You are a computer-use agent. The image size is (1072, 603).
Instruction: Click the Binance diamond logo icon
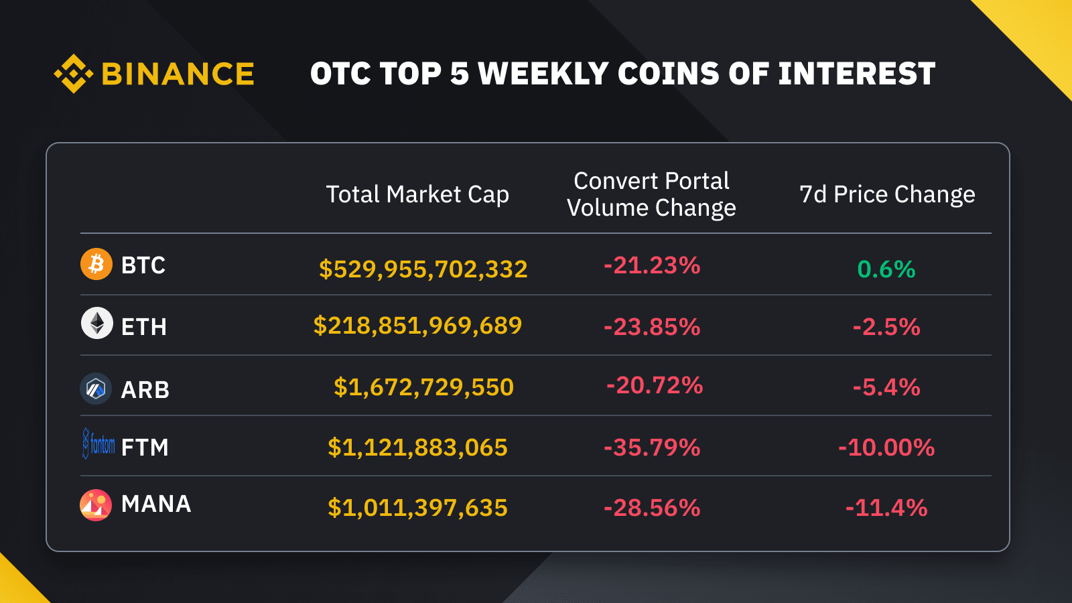tap(73, 74)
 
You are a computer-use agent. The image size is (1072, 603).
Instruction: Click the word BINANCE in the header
tap(178, 74)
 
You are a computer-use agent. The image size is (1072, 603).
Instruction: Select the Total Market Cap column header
tap(417, 194)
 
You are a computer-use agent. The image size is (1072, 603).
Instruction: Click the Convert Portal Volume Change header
tap(651, 194)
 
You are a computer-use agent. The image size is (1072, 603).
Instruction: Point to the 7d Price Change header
tap(887, 194)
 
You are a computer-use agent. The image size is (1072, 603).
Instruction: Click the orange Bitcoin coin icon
tap(96, 264)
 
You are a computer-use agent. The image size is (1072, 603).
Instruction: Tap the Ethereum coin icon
tap(97, 323)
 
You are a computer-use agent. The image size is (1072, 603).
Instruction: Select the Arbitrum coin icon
tap(96, 389)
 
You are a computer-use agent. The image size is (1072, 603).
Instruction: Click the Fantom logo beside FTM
tap(98, 444)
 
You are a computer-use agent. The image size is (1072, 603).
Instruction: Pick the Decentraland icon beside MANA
tap(96, 505)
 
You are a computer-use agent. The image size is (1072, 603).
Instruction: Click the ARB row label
tap(145, 390)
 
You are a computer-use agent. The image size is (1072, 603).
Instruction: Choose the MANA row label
tap(156, 504)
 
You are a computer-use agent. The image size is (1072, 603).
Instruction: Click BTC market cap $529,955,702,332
tap(423, 269)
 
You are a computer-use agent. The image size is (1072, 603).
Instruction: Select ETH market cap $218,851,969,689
tap(417, 326)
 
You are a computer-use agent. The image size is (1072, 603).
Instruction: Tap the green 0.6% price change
tap(886, 269)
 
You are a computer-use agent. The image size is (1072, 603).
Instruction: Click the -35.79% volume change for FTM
tap(652, 448)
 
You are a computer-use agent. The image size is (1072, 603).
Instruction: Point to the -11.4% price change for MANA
tap(886, 508)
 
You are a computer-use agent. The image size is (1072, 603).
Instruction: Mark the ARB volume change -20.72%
tap(655, 385)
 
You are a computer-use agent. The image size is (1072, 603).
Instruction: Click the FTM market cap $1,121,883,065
tap(417, 448)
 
